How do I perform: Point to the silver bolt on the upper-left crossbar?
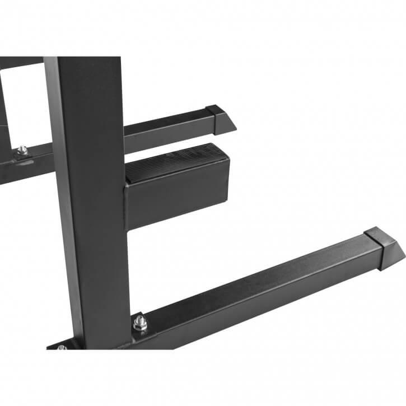[x=22, y=150]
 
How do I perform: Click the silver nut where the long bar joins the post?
[x=139, y=323]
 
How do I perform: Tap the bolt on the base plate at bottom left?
[x=61, y=348]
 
